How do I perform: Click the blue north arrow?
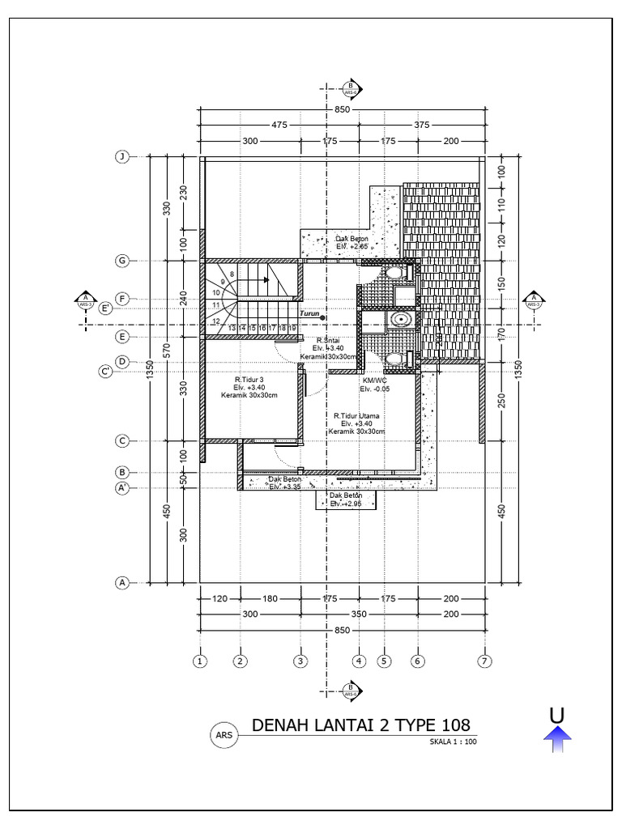click(556, 733)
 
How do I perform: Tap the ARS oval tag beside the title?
click(223, 735)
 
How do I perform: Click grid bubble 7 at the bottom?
click(485, 661)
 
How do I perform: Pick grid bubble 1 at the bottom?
click(199, 661)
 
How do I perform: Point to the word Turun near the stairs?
click(309, 313)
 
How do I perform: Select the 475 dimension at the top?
click(279, 125)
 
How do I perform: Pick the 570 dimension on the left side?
click(166, 350)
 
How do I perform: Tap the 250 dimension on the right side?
click(501, 400)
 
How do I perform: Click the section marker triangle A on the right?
click(534, 300)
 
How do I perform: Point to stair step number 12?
click(216, 321)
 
